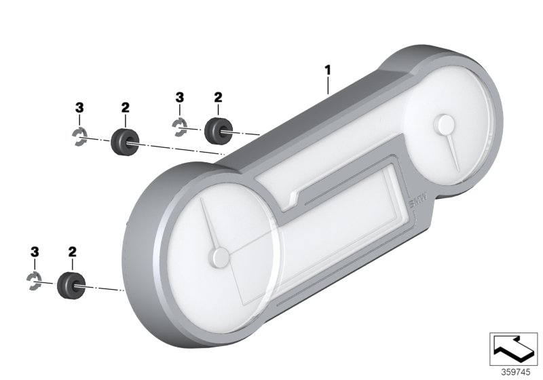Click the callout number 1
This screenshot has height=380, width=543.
click(x=327, y=71)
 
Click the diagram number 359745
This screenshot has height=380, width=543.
click(x=516, y=373)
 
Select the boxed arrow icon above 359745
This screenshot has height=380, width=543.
click(x=513, y=349)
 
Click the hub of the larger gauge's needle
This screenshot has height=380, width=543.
click(x=219, y=257)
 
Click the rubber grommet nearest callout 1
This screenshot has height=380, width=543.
click(x=217, y=131)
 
